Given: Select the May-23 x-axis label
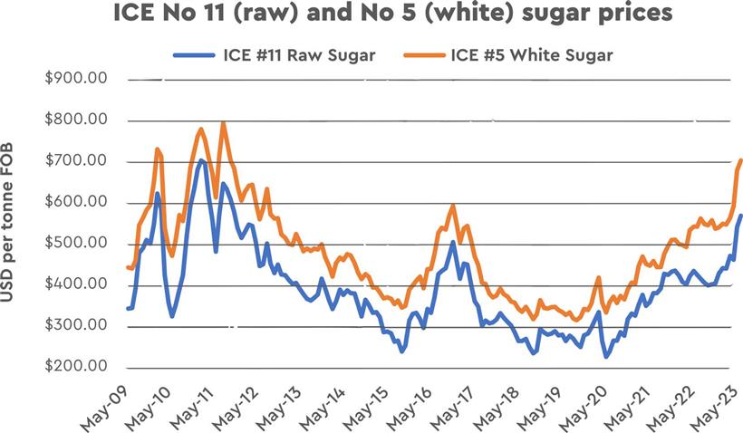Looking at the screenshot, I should (714, 406).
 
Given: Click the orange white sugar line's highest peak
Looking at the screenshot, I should (223, 122).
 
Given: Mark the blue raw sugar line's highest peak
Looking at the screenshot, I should (200, 160).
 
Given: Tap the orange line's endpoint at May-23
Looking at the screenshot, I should (741, 160).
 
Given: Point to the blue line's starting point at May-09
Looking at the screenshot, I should (127, 309).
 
